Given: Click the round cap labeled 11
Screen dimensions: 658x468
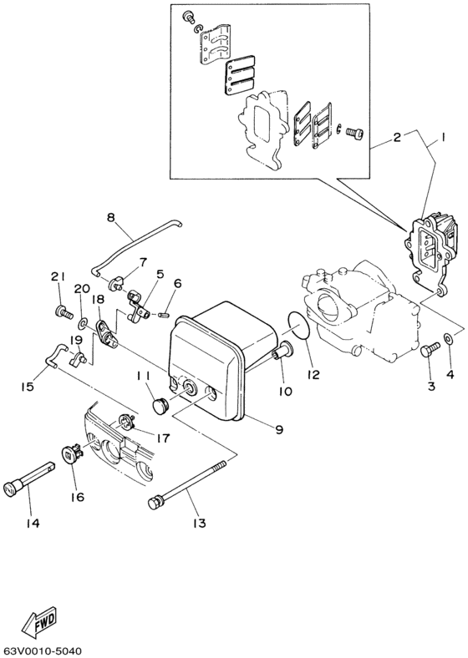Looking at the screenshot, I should pyautogui.click(x=160, y=404).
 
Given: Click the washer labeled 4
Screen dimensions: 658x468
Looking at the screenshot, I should pyautogui.click(x=450, y=338).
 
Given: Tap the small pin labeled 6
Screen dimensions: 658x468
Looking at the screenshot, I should pyautogui.click(x=165, y=315).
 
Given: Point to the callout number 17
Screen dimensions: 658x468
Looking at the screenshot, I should pyautogui.click(x=162, y=436).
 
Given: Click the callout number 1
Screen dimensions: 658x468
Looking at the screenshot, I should pyautogui.click(x=444, y=139).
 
